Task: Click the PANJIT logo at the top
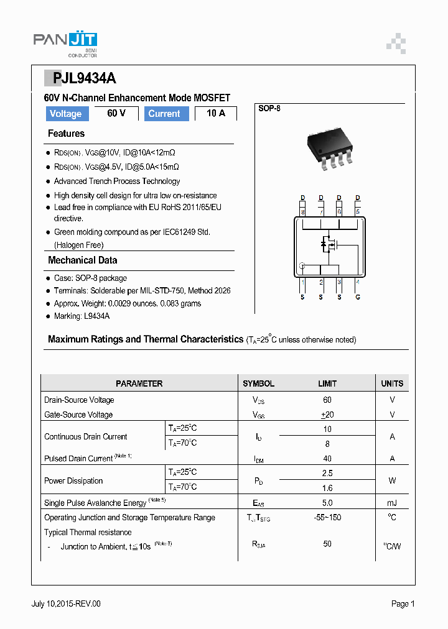coord(65,43)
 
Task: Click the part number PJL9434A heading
coord(80,78)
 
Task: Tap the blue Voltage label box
coord(65,114)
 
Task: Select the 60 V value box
coord(116,113)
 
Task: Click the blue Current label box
coord(164,114)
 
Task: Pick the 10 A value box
coord(216,113)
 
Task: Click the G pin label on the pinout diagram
coord(358,296)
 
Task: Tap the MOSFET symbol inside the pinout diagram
coord(329,244)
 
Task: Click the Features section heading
coord(66,134)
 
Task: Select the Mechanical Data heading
coord(82,260)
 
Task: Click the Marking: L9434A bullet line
coord(82,316)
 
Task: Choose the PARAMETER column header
coord(139,383)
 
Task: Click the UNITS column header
coord(392,383)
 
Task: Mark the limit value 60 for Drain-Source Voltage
coord(327,400)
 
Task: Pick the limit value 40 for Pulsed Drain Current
coord(327,458)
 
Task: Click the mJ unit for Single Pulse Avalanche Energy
coord(392,502)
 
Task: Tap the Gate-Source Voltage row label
coord(78,415)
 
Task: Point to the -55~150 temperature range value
coord(327,517)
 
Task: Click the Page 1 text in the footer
coord(403,604)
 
